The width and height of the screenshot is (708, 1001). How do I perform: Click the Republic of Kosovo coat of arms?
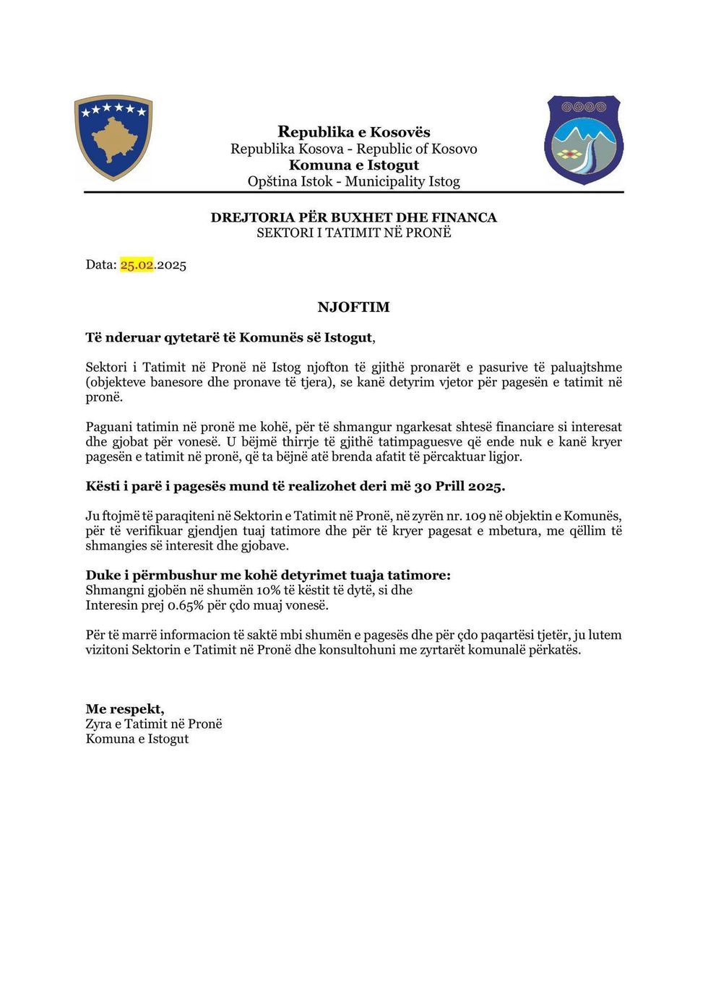click(113, 137)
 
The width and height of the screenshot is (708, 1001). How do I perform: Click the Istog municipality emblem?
click(584, 139)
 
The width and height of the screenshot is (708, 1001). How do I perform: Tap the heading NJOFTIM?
click(353, 307)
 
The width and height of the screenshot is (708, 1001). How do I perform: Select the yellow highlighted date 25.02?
click(137, 265)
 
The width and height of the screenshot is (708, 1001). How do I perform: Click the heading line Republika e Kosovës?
click(353, 131)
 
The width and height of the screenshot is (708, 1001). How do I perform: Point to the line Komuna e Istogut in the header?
click(353, 165)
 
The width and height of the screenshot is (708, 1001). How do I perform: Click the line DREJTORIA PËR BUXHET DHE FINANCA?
click(353, 217)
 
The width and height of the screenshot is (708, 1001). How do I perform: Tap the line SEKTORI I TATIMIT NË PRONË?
click(353, 233)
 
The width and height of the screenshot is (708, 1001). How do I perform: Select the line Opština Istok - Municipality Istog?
click(353, 181)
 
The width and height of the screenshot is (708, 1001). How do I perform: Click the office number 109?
click(475, 516)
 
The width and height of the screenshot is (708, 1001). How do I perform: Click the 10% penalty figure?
click(269, 590)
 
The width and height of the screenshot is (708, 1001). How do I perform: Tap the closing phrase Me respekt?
click(124, 709)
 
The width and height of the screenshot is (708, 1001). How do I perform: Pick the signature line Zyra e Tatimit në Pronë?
click(154, 724)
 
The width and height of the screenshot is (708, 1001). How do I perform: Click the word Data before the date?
click(100, 265)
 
